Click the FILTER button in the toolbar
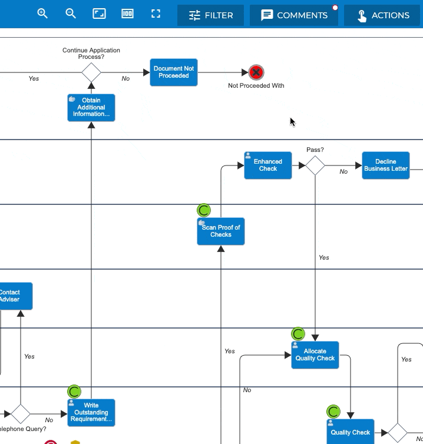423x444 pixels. [x=210, y=15]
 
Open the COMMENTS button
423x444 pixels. [x=293, y=15]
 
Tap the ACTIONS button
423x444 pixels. [x=382, y=15]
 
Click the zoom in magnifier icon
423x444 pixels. [x=42, y=14]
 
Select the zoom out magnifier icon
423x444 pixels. [x=71, y=14]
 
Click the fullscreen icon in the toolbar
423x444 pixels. [x=156, y=14]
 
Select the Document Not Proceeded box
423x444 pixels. [x=173, y=72]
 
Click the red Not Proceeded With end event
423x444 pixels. [x=256, y=72]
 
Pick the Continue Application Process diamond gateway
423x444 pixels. [x=91, y=72]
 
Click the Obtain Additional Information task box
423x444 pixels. [x=91, y=108]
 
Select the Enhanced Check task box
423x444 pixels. [x=267, y=165]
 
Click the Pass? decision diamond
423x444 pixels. [x=315, y=165]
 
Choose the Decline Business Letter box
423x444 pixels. [x=386, y=165]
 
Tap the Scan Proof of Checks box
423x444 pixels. [x=221, y=231]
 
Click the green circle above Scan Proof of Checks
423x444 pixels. [x=204, y=210]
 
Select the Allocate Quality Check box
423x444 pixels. [x=315, y=355]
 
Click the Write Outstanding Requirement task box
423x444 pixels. [x=91, y=413]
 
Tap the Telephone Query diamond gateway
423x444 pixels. [x=21, y=413]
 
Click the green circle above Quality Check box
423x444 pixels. [x=333, y=412]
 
